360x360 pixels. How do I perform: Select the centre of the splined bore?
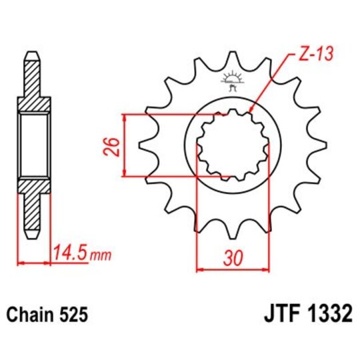click(233, 145)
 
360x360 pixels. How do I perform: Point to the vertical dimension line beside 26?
click(125, 145)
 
